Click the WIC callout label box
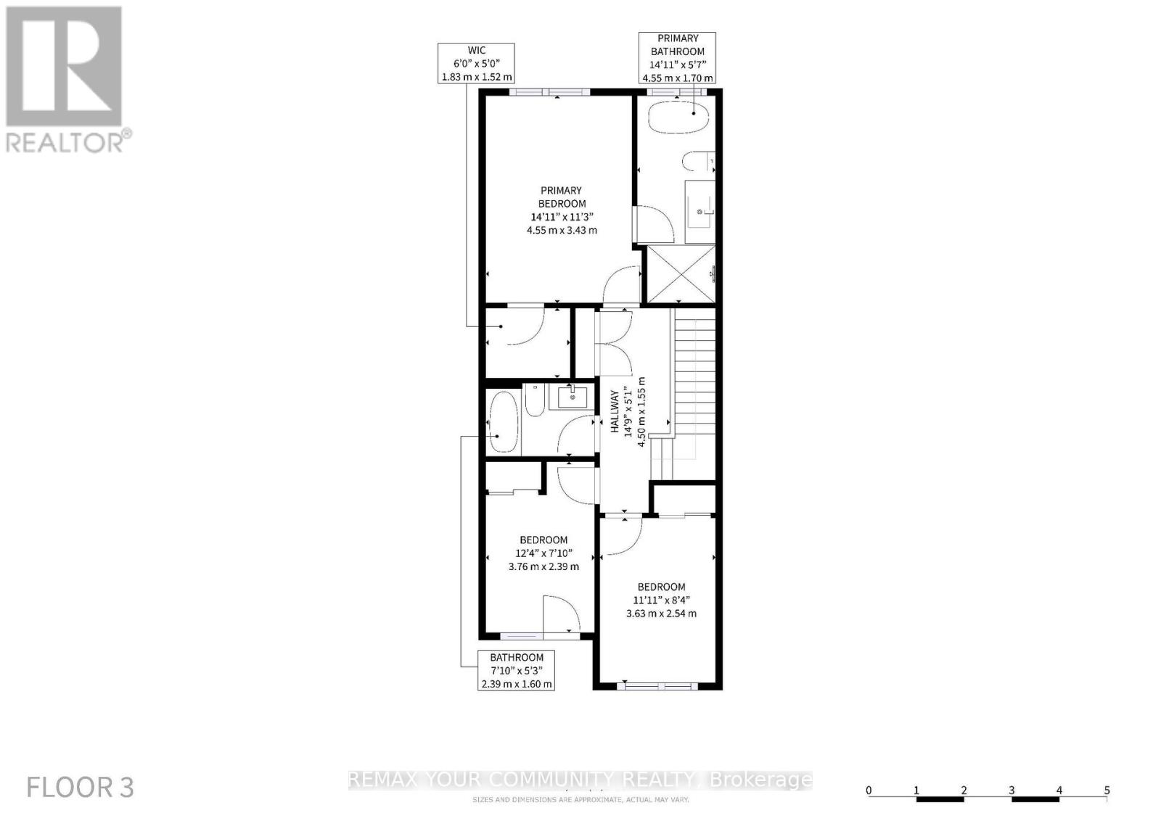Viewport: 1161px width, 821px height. click(476, 63)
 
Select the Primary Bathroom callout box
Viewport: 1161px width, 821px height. click(677, 58)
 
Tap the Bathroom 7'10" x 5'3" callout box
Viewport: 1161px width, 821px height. click(516, 670)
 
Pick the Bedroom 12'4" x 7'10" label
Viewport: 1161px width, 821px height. click(543, 553)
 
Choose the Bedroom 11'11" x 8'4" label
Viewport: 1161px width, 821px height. click(661, 600)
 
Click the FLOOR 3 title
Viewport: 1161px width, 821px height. click(80, 788)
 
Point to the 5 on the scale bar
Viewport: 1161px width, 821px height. click(1107, 791)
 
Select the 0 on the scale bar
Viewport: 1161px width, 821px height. click(869, 791)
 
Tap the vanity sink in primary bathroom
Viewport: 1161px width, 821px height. click(700, 211)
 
